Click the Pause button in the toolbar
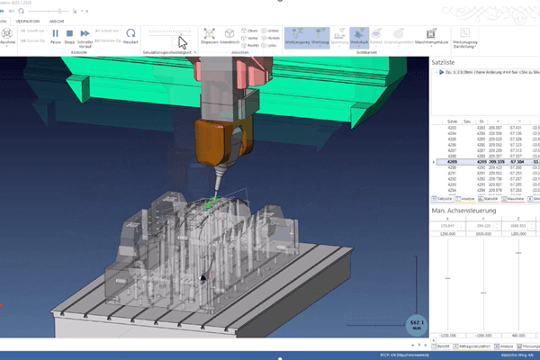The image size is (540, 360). tap(55, 36)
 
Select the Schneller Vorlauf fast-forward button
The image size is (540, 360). tap(85, 36)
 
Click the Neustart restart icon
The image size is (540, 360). tap(130, 36)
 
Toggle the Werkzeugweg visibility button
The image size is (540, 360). tap(296, 36)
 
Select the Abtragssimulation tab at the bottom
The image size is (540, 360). tap(476, 345)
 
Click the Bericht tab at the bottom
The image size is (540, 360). tap(444, 345)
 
